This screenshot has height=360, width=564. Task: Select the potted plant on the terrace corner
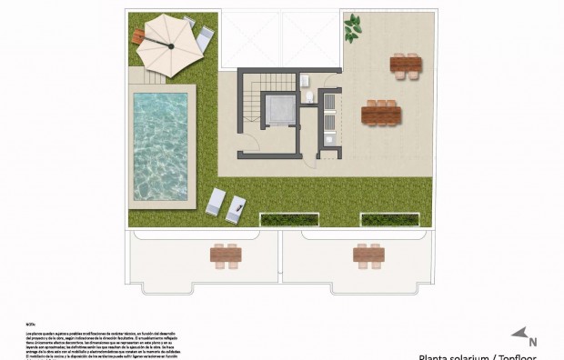(x=352, y=28)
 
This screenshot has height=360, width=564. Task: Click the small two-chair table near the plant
(x=406, y=65)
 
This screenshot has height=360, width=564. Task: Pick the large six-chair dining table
(x=381, y=113)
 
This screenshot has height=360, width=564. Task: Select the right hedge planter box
(x=395, y=219)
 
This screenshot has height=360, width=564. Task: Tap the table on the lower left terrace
(x=225, y=255)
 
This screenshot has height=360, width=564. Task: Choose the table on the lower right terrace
(x=368, y=255)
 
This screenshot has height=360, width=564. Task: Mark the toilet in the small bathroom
(x=309, y=95)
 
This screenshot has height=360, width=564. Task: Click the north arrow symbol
(x=519, y=335)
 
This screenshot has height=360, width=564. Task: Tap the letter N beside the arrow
(x=533, y=343)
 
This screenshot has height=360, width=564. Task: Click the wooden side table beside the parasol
(x=138, y=35)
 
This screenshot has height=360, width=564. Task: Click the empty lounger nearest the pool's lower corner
(x=215, y=201)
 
